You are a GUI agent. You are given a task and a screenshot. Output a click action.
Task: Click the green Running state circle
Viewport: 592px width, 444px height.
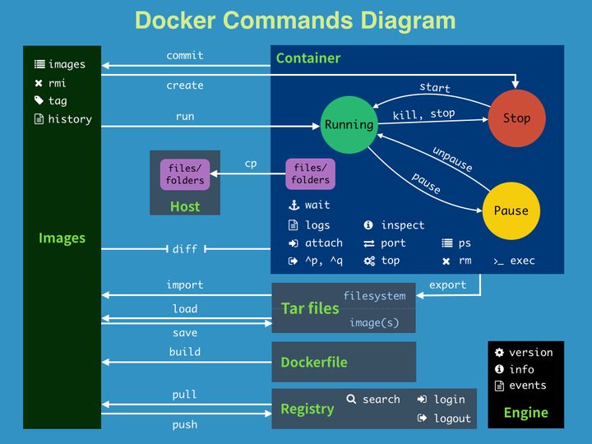point(349,125)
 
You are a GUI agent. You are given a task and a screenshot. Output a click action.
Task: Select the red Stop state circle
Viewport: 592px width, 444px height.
point(516,118)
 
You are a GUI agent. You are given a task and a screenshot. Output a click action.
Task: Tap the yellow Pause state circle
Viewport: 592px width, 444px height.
point(511,210)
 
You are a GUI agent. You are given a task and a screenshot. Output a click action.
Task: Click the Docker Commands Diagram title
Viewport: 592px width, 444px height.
point(295,21)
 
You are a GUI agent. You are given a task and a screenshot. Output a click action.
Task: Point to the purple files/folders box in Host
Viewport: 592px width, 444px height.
point(185,174)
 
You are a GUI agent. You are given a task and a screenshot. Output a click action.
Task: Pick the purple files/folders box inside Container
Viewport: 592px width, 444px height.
point(310,174)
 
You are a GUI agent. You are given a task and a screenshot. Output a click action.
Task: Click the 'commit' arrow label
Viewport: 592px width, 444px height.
point(185,56)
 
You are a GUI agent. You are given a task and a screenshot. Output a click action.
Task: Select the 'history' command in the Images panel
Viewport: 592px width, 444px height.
point(69,119)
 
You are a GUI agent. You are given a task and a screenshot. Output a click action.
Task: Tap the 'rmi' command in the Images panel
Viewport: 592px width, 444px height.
point(57,83)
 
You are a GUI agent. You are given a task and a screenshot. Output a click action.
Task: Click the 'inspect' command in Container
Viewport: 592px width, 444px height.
point(402,225)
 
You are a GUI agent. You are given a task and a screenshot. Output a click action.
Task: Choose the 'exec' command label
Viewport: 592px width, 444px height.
point(522,261)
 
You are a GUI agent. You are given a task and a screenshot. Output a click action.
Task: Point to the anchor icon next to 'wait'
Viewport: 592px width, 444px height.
point(293,206)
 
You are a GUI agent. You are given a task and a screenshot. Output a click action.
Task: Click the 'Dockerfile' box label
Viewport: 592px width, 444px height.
point(313,362)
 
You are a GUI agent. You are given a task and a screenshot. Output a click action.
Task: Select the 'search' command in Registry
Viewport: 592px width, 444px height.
point(381,400)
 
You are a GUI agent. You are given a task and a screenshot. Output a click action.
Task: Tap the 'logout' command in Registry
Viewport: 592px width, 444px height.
point(452,419)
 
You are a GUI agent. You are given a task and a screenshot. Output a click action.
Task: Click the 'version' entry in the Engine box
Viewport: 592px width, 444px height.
point(530,353)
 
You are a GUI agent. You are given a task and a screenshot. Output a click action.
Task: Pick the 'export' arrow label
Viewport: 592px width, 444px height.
point(447,284)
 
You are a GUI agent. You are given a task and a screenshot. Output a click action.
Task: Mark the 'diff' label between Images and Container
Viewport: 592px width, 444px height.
point(185,249)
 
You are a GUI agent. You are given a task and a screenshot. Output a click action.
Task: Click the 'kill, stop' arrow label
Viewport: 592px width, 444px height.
point(423,114)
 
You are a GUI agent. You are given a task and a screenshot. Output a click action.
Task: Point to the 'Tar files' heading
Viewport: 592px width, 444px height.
point(310,308)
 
